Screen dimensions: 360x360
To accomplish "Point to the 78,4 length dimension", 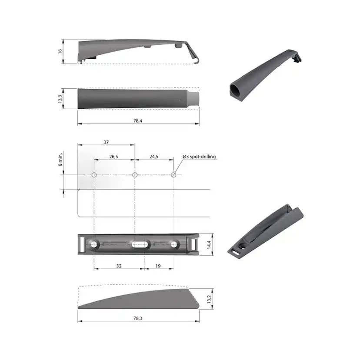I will point(138,120).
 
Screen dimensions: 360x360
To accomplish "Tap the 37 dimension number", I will point(106,142).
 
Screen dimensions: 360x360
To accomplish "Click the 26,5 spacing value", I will point(113,157).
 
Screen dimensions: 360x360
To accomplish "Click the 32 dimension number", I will point(118,265).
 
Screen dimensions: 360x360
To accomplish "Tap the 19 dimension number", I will point(158,265).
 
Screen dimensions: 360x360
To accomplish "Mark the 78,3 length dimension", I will point(138,318).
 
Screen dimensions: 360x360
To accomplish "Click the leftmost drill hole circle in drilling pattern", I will point(94,175).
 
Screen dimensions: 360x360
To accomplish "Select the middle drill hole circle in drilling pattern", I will point(135,175).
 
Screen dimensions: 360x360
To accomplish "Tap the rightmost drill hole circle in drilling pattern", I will point(173,175).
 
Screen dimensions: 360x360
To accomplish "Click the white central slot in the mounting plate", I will point(140,245).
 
